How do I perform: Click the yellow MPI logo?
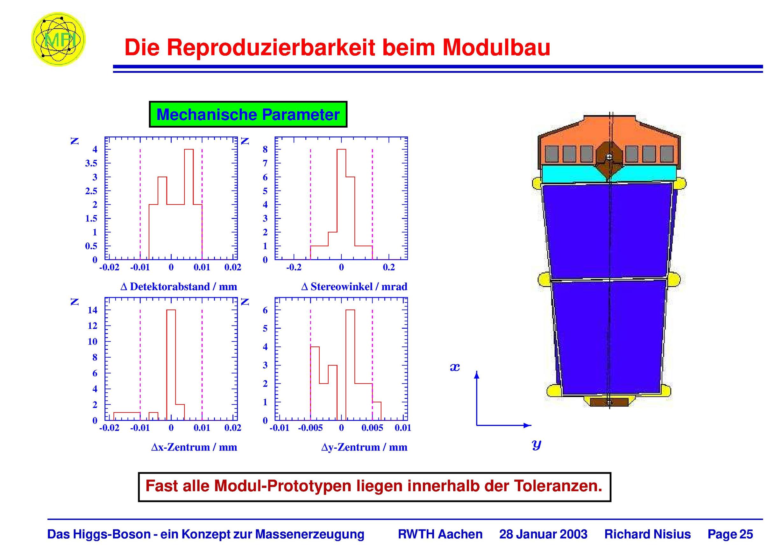58,39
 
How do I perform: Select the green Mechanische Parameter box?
248,114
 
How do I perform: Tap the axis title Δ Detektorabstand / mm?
179,287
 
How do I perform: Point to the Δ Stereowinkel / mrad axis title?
354,287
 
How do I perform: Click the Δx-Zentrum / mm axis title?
194,447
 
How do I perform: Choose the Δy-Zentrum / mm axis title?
364,447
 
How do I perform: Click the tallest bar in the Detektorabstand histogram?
189,204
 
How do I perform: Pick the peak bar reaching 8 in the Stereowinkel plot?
341,204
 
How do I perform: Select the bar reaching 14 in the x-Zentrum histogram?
171,365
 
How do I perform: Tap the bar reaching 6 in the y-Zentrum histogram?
350,365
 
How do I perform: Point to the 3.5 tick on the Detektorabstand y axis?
91,163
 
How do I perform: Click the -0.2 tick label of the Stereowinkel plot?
294,268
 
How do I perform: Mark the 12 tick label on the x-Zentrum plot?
92,326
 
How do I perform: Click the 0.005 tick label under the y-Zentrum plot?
372,428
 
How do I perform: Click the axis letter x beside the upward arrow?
455,367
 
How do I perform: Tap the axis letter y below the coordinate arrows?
537,444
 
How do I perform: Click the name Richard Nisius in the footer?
647,534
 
